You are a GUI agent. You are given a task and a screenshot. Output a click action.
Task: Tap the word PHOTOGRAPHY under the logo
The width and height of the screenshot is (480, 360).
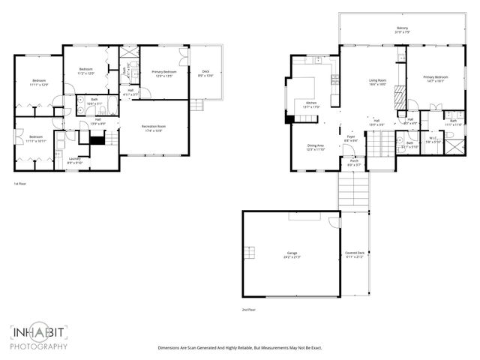(40, 346)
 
